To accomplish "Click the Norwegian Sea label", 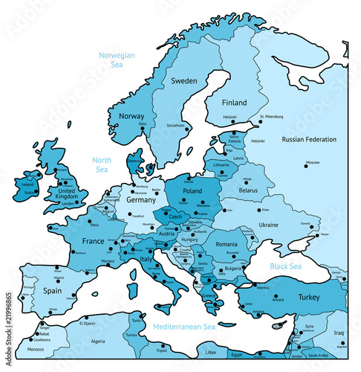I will (x=117, y=60).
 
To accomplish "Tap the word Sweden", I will (x=183, y=80).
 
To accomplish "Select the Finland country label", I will (x=234, y=102).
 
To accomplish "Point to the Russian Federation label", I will (x=309, y=140).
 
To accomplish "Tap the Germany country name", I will (x=141, y=200).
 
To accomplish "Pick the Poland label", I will (x=192, y=191).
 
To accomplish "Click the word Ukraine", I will (x=268, y=225).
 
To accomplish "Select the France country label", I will (x=93, y=241).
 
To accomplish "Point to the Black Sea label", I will (x=286, y=266).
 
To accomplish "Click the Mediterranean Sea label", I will (x=183, y=327).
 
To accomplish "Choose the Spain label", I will (x=51, y=291).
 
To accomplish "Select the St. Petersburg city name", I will (x=272, y=117).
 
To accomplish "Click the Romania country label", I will (x=226, y=244).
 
